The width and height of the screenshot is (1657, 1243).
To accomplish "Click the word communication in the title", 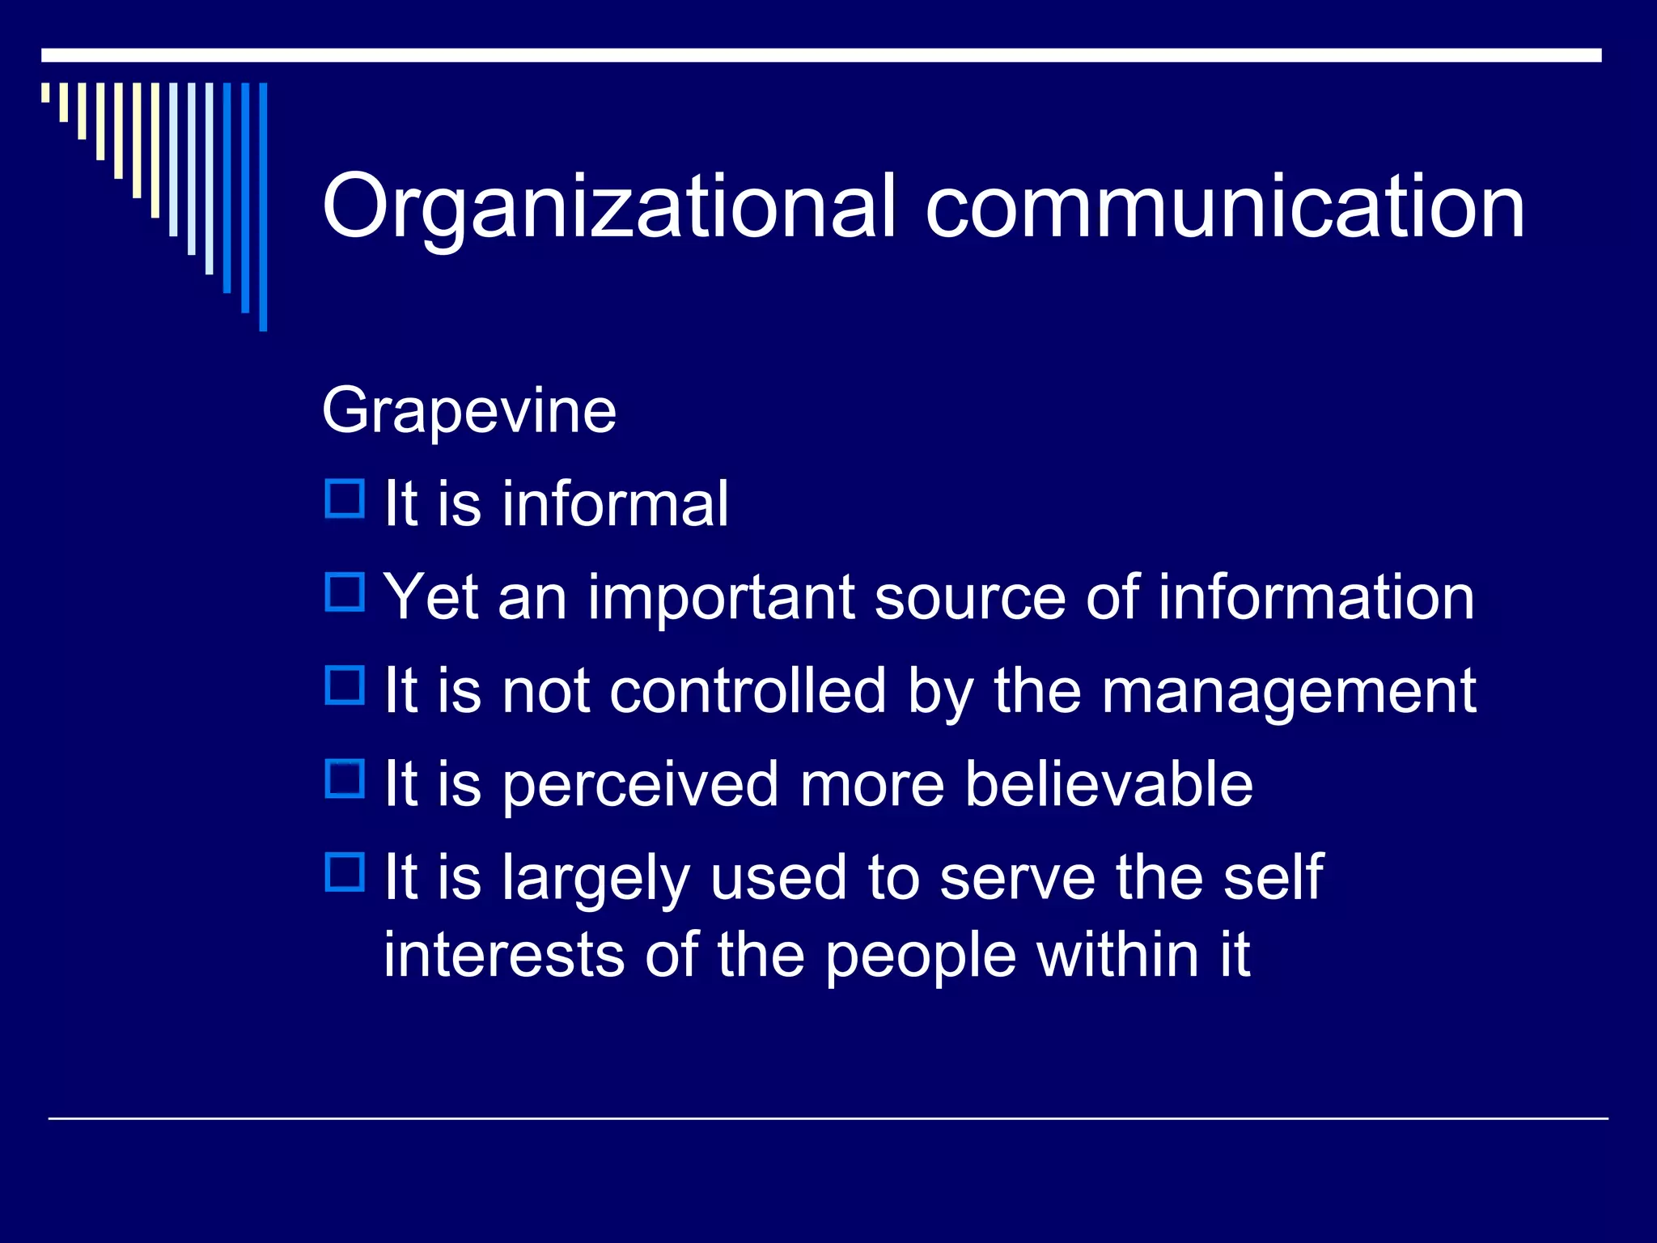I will click(x=1225, y=207).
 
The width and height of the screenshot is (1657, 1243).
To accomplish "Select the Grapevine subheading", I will click(x=469, y=411).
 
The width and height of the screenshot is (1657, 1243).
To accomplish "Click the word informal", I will click(x=615, y=503).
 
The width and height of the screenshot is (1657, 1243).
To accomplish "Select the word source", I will click(x=970, y=598).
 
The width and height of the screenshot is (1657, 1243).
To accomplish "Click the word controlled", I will click(x=748, y=691).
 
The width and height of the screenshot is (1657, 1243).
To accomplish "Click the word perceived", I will click(x=640, y=785).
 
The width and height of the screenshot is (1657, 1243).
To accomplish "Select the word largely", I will click(x=595, y=879).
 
